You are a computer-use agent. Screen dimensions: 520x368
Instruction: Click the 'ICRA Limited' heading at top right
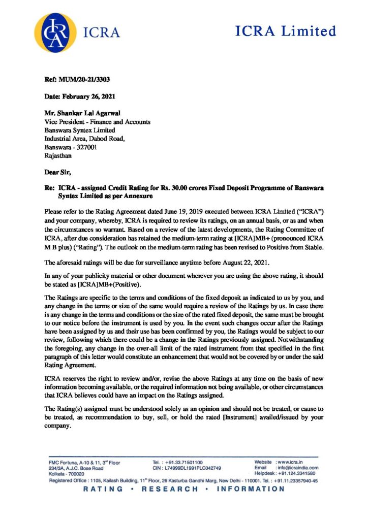(x=286, y=31)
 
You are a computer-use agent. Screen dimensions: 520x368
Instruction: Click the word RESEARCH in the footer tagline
(x=170, y=489)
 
